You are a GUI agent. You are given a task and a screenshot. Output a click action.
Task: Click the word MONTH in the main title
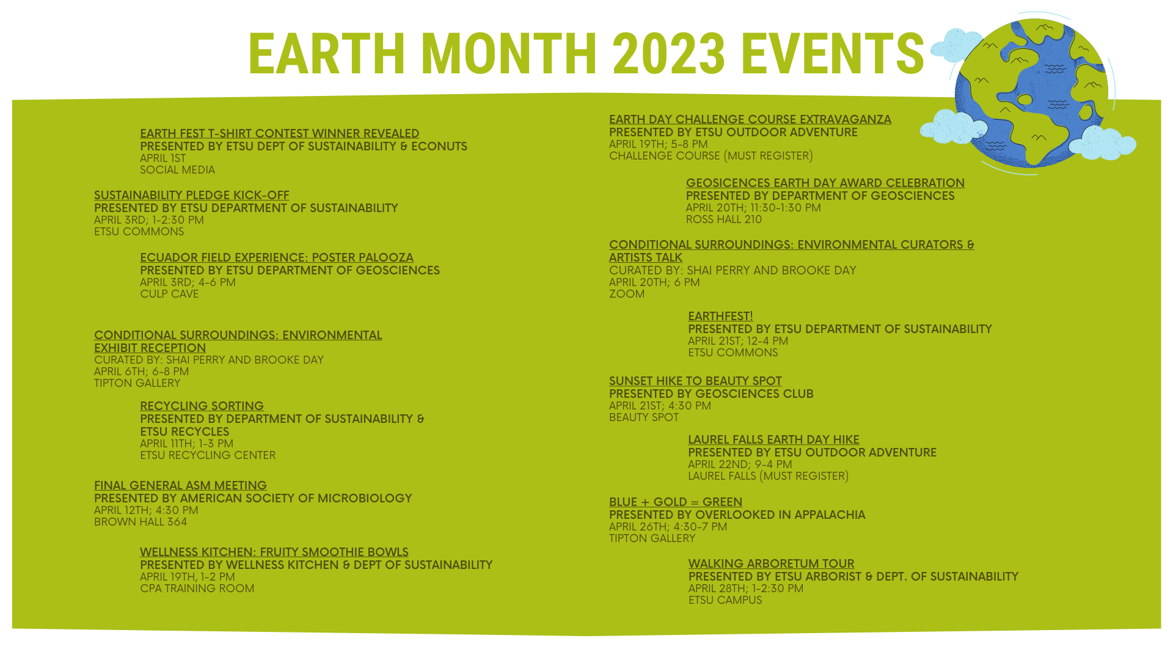coord(508,53)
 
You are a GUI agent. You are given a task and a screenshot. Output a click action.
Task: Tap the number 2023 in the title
coord(669,53)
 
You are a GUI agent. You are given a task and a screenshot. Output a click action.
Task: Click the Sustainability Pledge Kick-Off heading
coord(192,196)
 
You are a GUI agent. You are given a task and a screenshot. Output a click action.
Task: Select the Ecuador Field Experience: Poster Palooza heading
coord(277,258)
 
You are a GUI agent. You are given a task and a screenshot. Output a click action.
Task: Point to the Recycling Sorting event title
coord(202,406)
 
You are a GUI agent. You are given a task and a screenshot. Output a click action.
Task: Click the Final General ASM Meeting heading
coord(180,486)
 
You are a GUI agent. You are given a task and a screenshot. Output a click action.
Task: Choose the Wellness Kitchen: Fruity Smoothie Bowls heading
coord(274,552)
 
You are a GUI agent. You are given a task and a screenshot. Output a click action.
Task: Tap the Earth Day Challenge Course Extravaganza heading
coord(750,120)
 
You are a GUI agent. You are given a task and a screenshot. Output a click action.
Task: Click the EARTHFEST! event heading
coord(720,317)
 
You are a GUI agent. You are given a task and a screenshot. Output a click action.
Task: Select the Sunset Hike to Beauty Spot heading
coord(695,381)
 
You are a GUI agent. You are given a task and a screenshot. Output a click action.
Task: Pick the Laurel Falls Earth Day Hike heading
coord(773,440)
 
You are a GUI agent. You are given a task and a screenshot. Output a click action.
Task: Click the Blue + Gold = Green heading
coord(676,502)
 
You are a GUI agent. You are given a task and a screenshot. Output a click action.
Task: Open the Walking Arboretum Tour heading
coord(771,564)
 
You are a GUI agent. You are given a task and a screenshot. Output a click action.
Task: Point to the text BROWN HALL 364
coord(141,522)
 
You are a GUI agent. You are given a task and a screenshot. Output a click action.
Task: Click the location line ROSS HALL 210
coord(724,220)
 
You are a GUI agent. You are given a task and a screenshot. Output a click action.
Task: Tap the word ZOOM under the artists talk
coord(627,295)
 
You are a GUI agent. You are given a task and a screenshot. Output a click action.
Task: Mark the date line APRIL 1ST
coord(163,159)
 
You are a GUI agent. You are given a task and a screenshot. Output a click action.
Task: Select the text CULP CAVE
coord(169,295)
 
